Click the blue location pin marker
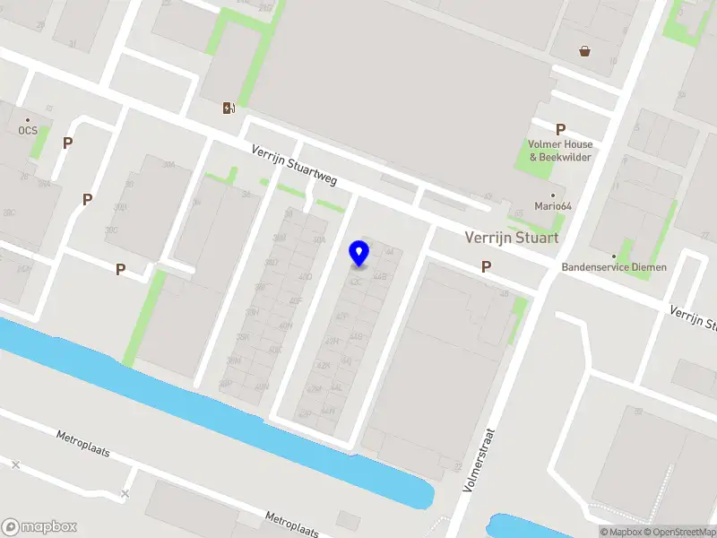359,253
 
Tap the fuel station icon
229,108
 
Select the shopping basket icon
585,51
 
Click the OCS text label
28,130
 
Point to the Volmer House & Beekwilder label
560,151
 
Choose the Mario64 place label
553,206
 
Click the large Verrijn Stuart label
512,238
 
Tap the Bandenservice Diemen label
614,266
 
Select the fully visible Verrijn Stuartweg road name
294,166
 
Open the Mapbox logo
39,527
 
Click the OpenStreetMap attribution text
678,532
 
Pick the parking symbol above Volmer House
560,129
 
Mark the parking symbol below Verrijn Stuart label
486,266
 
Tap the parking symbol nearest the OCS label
67,143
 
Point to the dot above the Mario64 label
553,195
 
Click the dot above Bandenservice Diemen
614,256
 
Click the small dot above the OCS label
28,120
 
